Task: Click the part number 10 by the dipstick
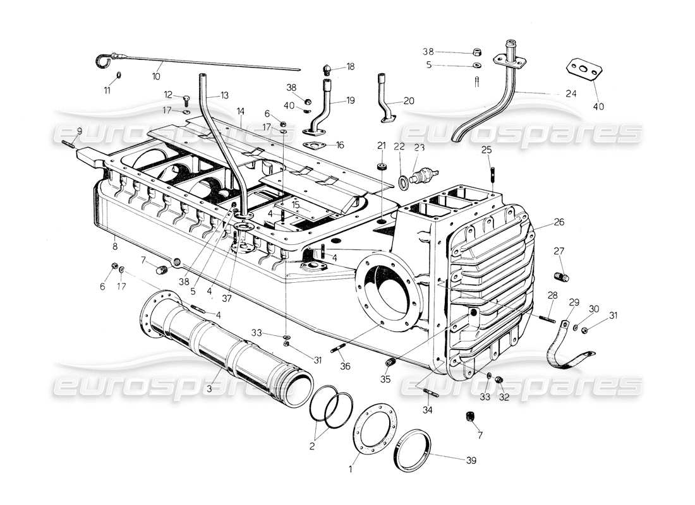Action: pyautogui.click(x=156, y=76)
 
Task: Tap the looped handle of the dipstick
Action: pyautogui.click(x=103, y=60)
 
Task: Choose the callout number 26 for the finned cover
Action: pyautogui.click(x=560, y=222)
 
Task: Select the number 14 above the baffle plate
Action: pyautogui.click(x=241, y=111)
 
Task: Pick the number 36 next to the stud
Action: pyautogui.click(x=344, y=366)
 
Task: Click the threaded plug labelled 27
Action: pyautogui.click(x=560, y=276)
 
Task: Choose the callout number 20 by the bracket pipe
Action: pyautogui.click(x=409, y=101)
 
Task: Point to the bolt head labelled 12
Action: pyautogui.click(x=187, y=99)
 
